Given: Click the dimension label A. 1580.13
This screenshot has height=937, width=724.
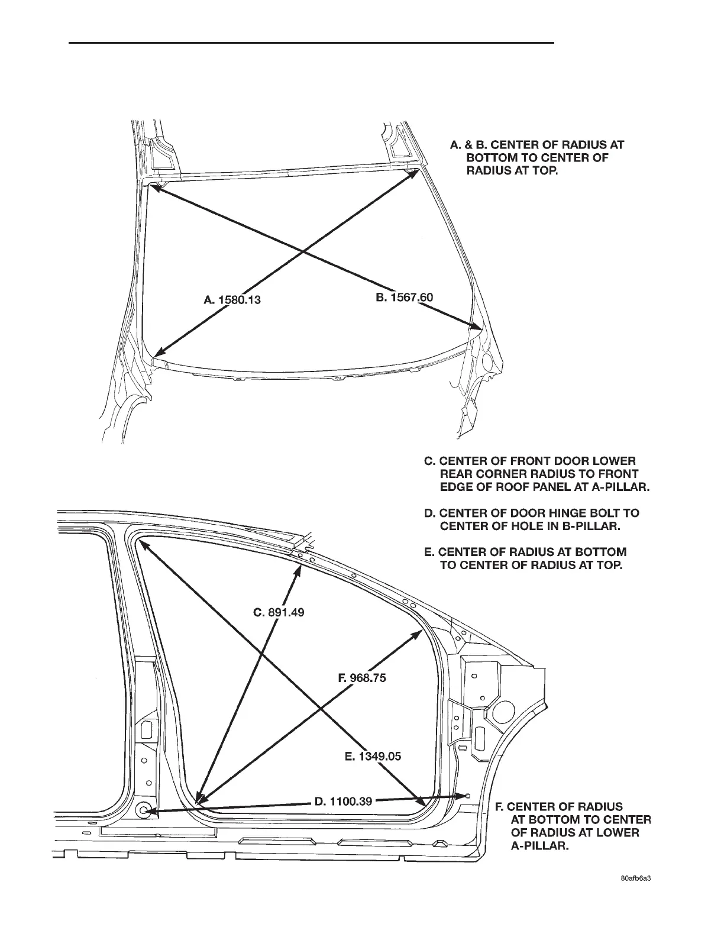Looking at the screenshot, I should pyautogui.click(x=232, y=300).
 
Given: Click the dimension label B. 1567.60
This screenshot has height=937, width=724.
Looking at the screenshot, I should pyautogui.click(x=405, y=297).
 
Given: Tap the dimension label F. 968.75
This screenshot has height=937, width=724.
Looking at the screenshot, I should pyautogui.click(x=362, y=678).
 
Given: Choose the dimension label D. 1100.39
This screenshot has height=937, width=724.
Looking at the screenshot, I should pyautogui.click(x=343, y=802).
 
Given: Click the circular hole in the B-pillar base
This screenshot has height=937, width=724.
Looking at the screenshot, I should pyautogui.click(x=143, y=810).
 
